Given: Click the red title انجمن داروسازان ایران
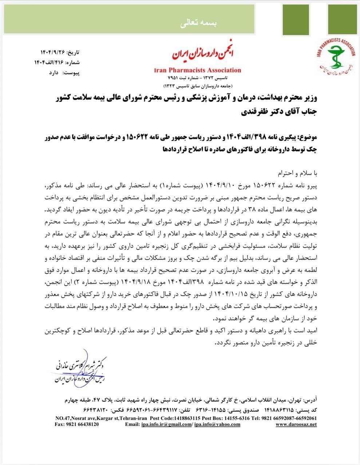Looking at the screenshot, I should [197, 55].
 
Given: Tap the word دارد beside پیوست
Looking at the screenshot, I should [54, 72].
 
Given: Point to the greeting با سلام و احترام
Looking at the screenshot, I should [298, 171].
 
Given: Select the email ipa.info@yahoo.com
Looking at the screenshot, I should [217, 424].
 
